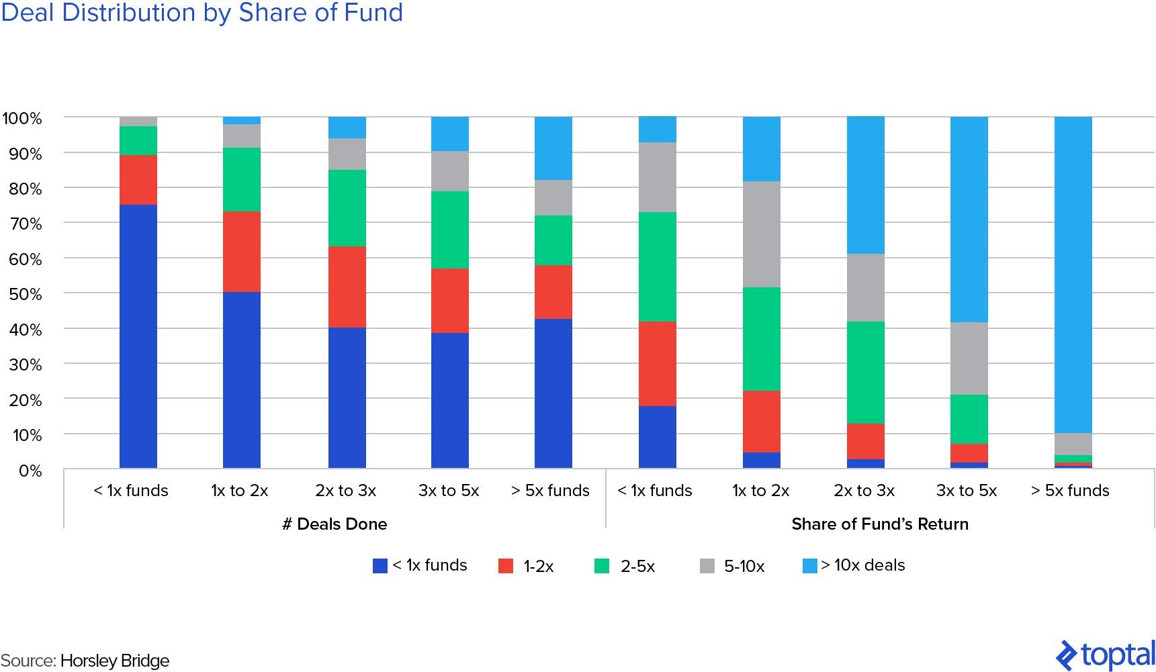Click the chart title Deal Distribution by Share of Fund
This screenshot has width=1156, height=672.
click(x=202, y=12)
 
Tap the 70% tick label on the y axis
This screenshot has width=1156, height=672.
click(x=26, y=224)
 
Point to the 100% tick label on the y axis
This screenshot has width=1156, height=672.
click(x=22, y=119)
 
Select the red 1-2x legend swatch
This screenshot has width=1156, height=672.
click(x=506, y=566)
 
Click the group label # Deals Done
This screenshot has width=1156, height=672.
click(x=335, y=524)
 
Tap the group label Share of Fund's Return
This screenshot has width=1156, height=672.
click(x=880, y=524)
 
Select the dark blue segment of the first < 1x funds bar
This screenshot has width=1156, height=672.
click(x=138, y=336)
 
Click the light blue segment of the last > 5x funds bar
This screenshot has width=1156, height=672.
click(x=1073, y=275)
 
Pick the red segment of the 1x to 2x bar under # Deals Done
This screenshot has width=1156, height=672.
click(x=242, y=252)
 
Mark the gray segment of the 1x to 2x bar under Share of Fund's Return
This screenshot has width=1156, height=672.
click(x=762, y=234)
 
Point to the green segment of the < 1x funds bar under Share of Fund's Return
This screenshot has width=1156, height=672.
click(x=658, y=267)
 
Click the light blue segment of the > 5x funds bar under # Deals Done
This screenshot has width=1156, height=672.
click(x=553, y=148)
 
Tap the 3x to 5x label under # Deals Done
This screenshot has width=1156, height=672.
click(x=449, y=491)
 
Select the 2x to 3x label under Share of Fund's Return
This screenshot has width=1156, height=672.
click(x=864, y=491)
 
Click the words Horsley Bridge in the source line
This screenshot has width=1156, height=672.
click(x=115, y=661)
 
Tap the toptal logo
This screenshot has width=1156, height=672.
click(x=1106, y=655)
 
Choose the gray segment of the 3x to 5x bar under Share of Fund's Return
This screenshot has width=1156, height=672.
click(x=969, y=358)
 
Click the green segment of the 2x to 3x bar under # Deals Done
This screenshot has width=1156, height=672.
click(x=347, y=208)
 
